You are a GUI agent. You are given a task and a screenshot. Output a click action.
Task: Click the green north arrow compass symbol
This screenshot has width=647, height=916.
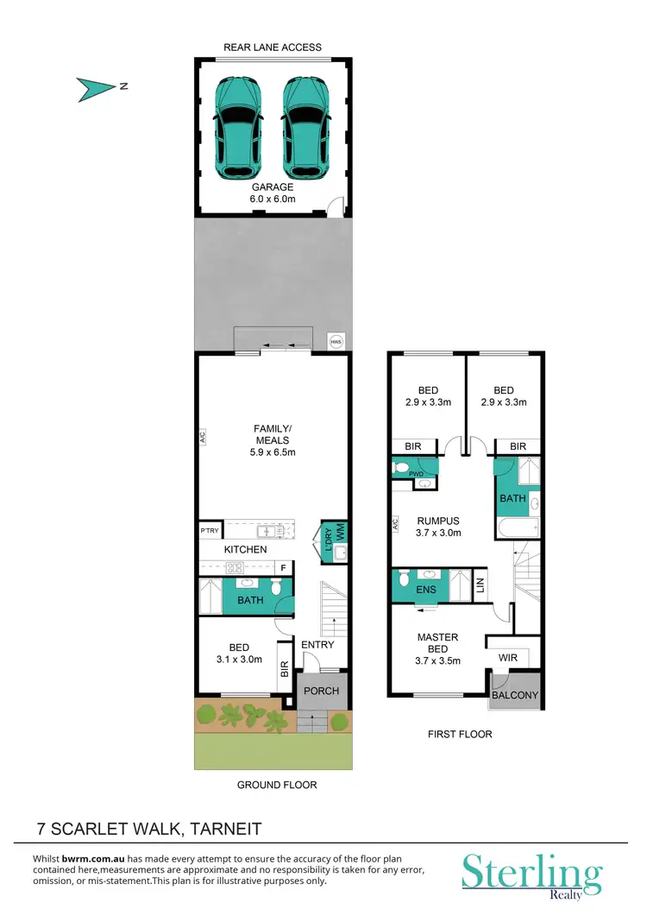(x=94, y=86)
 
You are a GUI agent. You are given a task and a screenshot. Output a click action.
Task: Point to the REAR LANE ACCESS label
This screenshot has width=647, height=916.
(x=272, y=47)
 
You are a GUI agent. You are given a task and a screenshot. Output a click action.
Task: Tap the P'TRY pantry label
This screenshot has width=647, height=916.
(x=208, y=530)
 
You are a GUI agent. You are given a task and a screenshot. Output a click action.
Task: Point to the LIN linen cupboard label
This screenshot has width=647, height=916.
(x=481, y=584)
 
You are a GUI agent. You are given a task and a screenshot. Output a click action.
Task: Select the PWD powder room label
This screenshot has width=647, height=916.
(x=416, y=474)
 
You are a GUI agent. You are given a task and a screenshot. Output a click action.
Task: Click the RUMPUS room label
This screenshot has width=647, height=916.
(x=437, y=521)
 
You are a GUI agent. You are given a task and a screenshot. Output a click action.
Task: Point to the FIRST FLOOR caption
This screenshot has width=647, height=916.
(x=460, y=734)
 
